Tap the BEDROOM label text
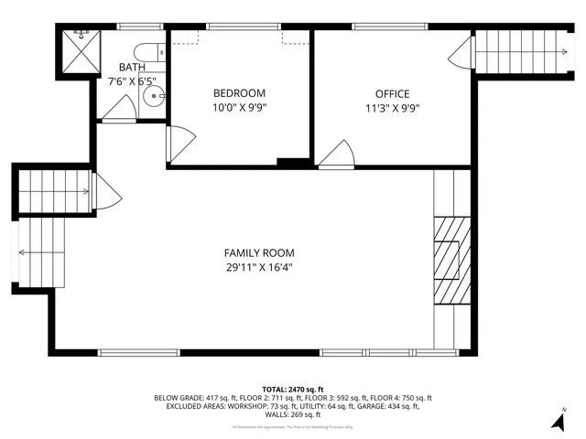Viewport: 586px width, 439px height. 239,93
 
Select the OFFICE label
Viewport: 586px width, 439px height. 392,94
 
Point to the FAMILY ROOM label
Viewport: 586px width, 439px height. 259,253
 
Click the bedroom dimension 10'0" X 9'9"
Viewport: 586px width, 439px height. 239,107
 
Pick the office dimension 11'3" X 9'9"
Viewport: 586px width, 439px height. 392,107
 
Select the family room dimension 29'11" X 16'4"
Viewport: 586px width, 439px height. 259,267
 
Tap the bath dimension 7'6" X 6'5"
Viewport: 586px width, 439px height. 132,80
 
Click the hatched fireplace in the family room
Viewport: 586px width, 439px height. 450,260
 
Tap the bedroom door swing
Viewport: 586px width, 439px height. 180,142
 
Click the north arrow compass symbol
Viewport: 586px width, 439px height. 558,420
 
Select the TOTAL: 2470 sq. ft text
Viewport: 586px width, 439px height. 292,390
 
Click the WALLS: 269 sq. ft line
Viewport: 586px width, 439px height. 293,414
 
